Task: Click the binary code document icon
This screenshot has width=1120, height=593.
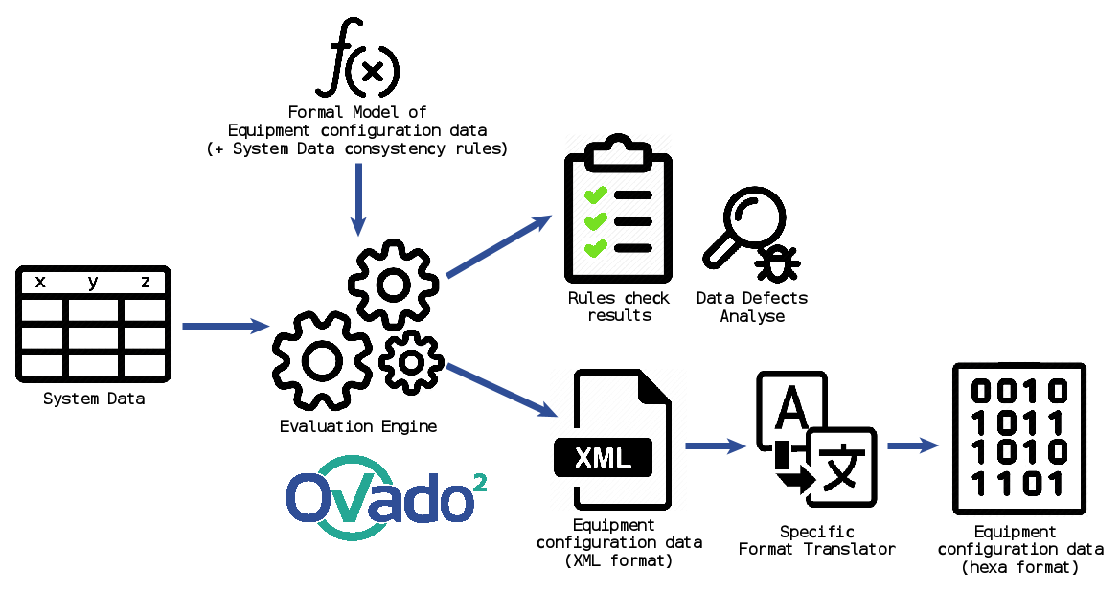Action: click(x=1019, y=438)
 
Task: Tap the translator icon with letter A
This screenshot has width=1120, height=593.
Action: click(x=814, y=437)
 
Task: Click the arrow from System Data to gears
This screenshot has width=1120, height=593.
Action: click(x=226, y=327)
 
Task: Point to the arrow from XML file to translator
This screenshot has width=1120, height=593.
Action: click(x=715, y=445)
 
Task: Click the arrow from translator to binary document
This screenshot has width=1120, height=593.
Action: click(x=912, y=445)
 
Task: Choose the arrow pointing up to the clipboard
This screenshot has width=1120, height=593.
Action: click(x=498, y=246)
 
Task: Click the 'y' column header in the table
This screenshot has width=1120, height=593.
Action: click(x=93, y=282)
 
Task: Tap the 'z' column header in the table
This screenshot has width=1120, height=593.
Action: click(x=146, y=282)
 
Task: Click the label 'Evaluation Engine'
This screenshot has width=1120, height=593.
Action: click(x=357, y=426)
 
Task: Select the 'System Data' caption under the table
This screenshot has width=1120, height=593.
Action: click(x=94, y=398)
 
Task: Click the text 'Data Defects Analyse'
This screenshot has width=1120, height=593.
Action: click(x=752, y=307)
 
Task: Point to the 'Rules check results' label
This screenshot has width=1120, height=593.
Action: click(x=619, y=307)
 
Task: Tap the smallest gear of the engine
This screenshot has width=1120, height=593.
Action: click(x=411, y=361)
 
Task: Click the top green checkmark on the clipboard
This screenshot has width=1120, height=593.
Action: click(x=595, y=196)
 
